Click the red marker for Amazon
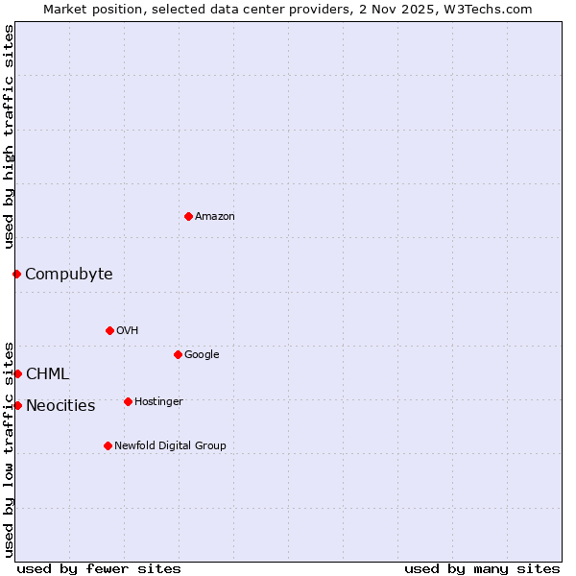(x=188, y=216)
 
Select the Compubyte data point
(x=16, y=274)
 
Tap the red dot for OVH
(x=109, y=330)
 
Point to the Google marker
(x=178, y=354)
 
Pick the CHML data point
(x=17, y=373)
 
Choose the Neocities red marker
(x=17, y=405)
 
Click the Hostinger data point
(x=128, y=401)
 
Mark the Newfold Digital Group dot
(x=108, y=445)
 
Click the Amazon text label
(x=215, y=217)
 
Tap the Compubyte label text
(x=68, y=275)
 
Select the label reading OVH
(x=127, y=331)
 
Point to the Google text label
(x=202, y=355)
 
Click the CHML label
(x=47, y=374)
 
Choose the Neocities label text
(x=60, y=406)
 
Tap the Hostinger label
(x=158, y=402)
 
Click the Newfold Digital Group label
(x=170, y=446)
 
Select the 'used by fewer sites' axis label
(x=99, y=569)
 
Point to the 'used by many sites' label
(x=482, y=569)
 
